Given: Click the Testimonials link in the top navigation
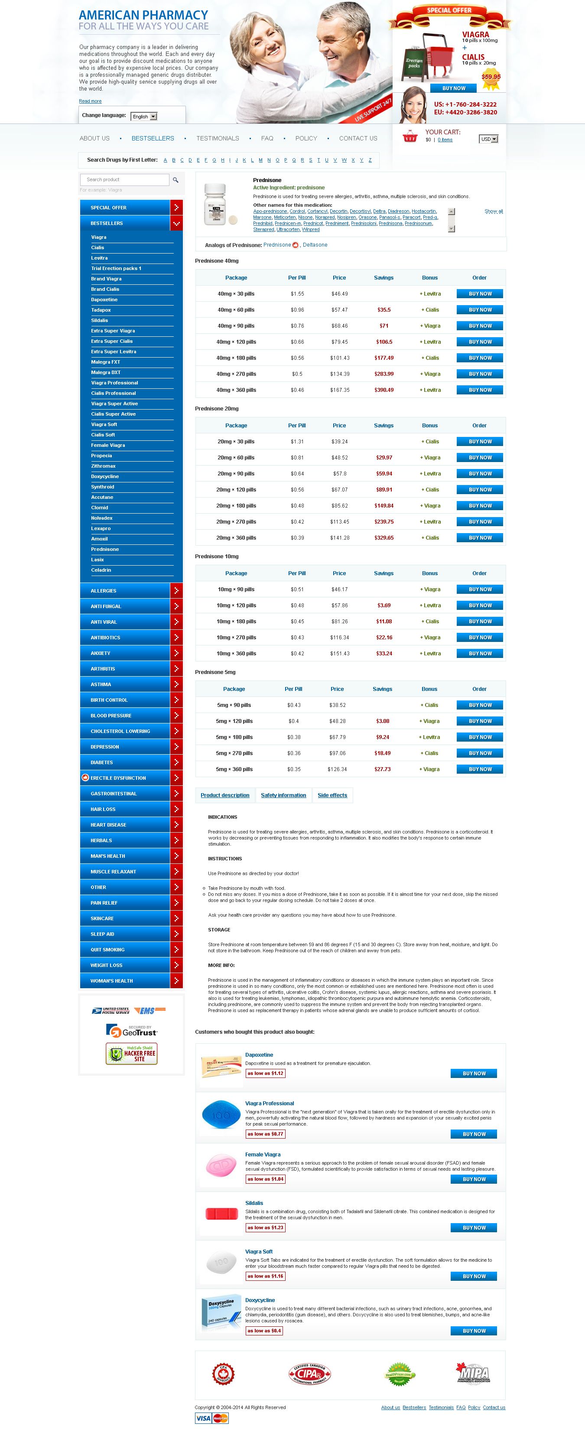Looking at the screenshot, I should click(x=218, y=139).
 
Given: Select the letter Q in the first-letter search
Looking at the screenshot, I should click(x=294, y=160).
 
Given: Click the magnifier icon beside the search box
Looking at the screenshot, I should click(x=175, y=180).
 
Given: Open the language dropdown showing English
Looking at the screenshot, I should click(x=144, y=117).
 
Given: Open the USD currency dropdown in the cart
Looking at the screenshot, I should click(x=488, y=139).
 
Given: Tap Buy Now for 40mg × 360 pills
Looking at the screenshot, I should click(x=479, y=390).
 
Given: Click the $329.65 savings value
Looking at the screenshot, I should click(x=384, y=538).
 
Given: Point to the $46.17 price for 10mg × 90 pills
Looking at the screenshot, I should click(x=339, y=589).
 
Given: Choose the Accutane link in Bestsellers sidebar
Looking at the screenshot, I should click(x=102, y=497).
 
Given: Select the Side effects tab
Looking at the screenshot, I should click(x=332, y=795).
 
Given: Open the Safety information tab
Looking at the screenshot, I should click(x=283, y=795).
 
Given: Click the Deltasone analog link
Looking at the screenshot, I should click(x=315, y=245).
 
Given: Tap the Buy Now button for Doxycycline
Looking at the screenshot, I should click(x=474, y=1331).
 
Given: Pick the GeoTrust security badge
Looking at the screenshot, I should click(x=132, y=1031).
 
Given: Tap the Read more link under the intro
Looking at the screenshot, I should click(x=90, y=101).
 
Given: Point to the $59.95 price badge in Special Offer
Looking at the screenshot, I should click(x=491, y=77).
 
